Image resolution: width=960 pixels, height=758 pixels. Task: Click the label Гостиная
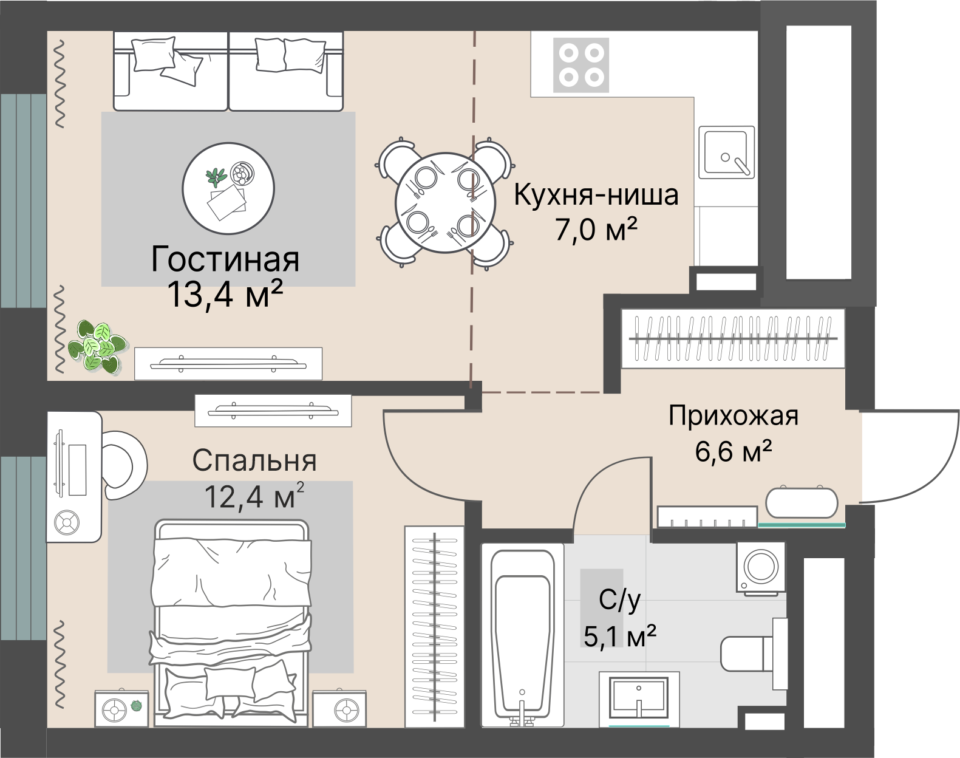[x=225, y=259]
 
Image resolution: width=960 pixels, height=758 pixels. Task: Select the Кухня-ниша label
[x=596, y=196]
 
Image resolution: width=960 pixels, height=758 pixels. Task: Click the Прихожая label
[x=733, y=417]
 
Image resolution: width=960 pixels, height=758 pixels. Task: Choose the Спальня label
[x=254, y=461]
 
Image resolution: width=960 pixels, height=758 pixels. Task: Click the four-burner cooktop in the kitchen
[x=580, y=65]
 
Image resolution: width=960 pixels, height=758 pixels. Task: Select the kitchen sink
[x=726, y=152]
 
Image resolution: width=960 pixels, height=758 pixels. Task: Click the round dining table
[x=441, y=203]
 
